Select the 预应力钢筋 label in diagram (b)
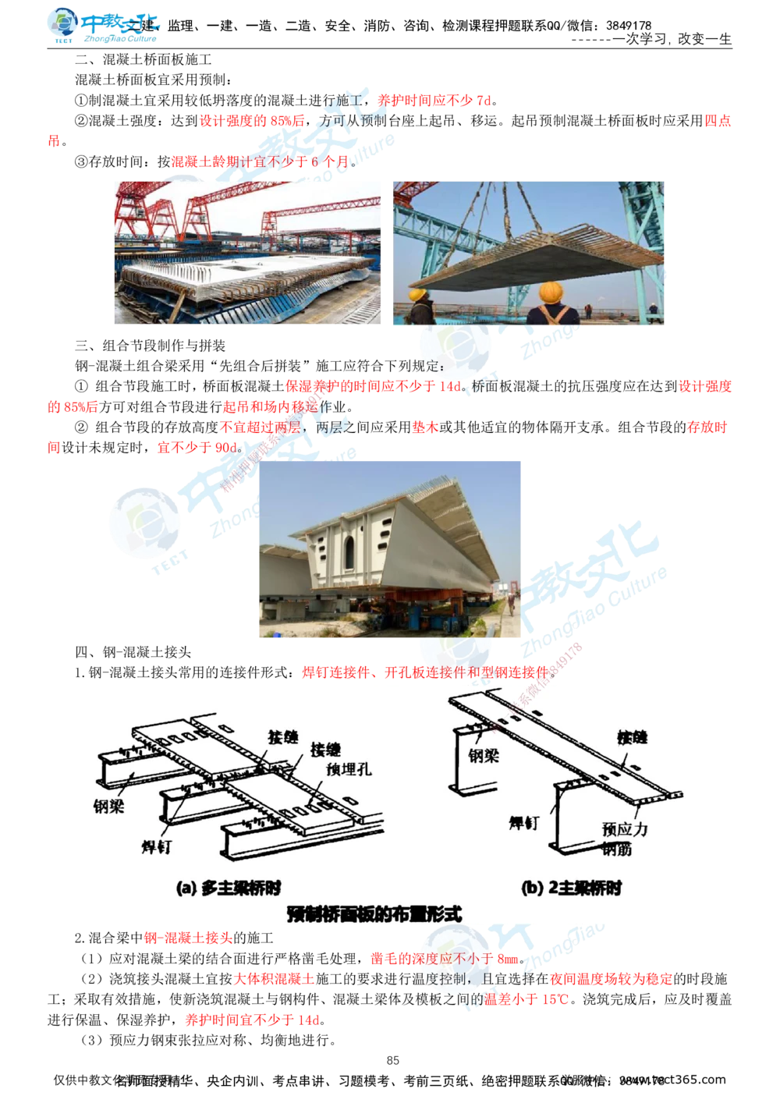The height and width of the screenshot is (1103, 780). point(625,839)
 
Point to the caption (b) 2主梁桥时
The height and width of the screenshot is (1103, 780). point(571,888)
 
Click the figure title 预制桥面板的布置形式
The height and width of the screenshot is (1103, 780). point(374,913)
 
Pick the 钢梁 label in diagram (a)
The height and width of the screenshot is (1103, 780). point(106,804)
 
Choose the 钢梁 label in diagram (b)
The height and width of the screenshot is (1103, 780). point(484,754)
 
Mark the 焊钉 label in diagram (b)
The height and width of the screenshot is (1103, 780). point(523,822)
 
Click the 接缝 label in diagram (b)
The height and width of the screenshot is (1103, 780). point(632,737)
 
